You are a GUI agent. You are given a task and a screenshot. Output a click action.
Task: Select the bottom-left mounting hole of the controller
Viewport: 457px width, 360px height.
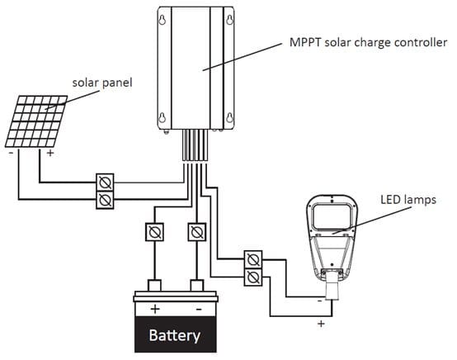pos(163,116)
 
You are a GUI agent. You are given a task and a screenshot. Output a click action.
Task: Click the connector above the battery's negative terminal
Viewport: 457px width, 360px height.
pos(196,231)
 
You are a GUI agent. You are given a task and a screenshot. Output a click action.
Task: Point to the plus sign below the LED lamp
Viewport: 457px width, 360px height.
pos(319,323)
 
